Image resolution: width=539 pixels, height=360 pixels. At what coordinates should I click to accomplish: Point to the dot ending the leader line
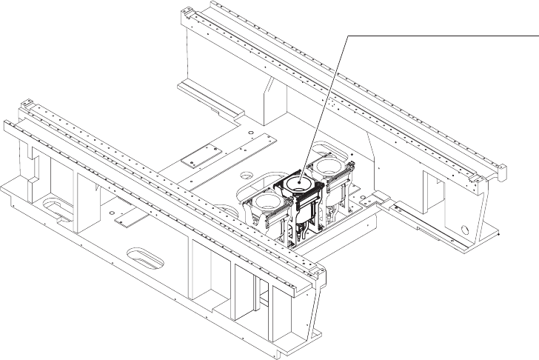click(x=302, y=181)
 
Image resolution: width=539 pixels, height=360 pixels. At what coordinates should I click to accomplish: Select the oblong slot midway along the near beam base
click(x=144, y=255)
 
